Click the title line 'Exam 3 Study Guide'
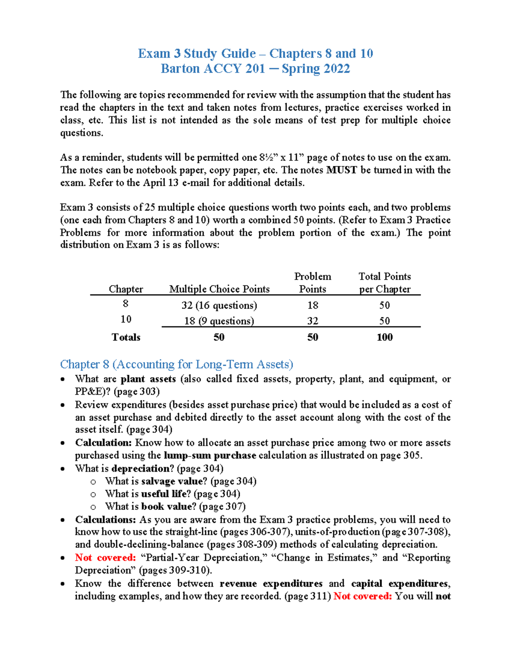tap(196, 54)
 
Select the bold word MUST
tap(342, 170)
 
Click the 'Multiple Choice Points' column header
tap(219, 289)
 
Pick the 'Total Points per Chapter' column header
tap(385, 283)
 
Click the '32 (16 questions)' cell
tap(219, 305)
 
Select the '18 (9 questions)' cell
tap(219, 321)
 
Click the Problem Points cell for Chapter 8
tap(313, 305)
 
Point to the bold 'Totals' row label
tap(126, 337)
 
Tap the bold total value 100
tap(385, 337)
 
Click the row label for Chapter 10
tap(126, 319)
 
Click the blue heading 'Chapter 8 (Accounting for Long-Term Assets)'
tap(176, 364)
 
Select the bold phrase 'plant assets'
tap(148, 379)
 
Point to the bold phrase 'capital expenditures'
tap(400, 584)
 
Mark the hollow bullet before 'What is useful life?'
tap(93, 494)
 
